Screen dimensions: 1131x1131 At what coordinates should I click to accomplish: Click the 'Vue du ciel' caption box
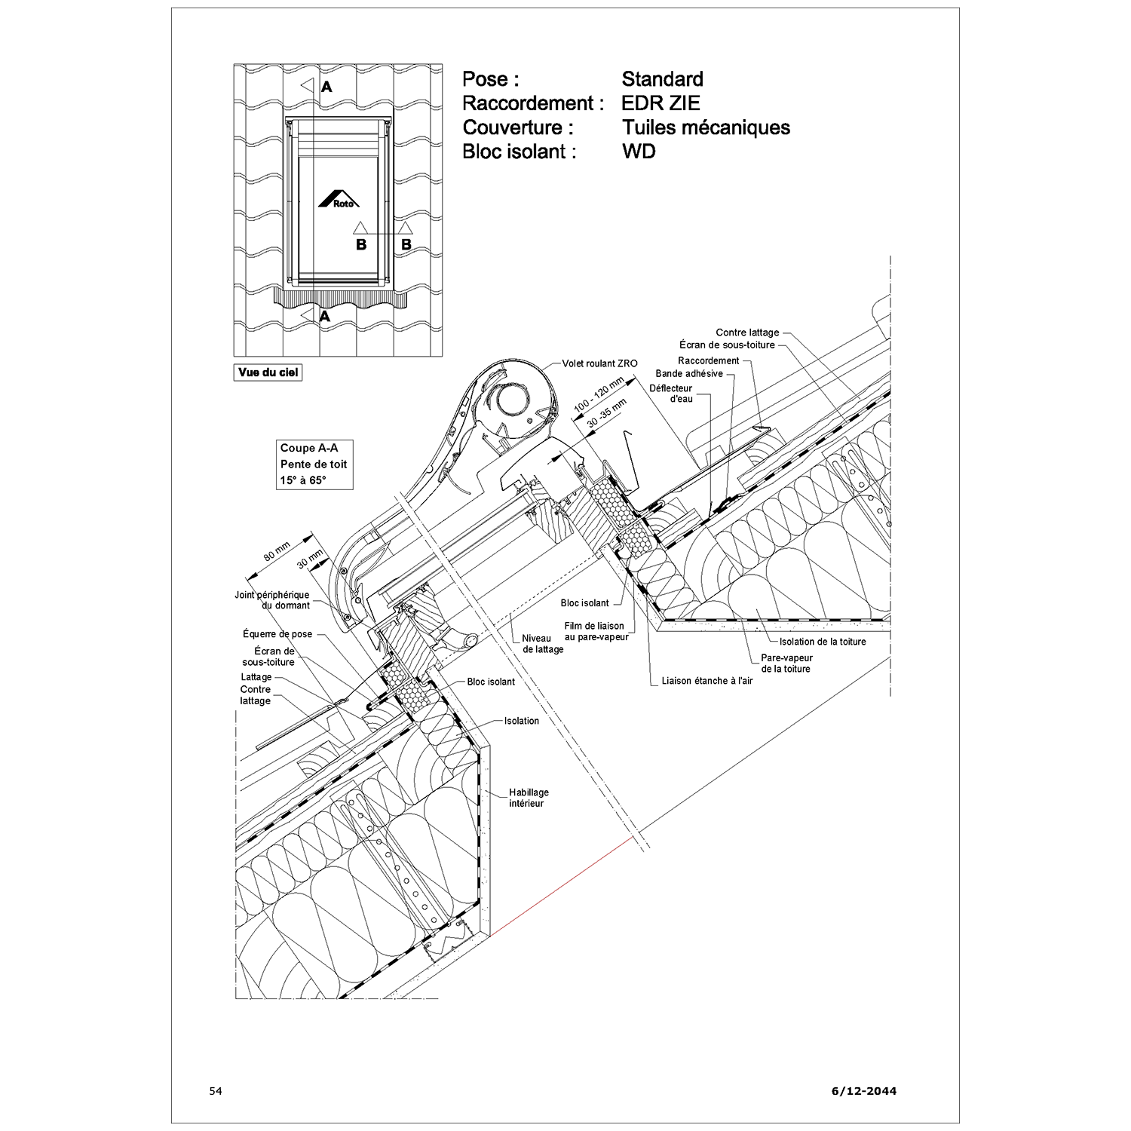point(268,372)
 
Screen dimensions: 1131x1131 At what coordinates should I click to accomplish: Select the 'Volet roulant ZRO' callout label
point(599,363)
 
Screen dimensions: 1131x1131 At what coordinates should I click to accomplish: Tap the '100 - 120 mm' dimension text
point(599,395)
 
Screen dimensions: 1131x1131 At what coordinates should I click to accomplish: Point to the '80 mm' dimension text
point(277,552)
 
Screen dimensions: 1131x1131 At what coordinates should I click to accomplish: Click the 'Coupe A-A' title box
point(314,464)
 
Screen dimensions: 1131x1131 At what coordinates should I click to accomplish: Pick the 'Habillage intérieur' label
point(529,798)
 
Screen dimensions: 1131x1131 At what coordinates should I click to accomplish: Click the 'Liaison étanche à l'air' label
point(706,681)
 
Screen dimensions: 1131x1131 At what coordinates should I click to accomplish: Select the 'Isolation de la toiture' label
point(823,642)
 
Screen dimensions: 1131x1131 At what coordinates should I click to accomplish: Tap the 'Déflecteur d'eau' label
point(671,394)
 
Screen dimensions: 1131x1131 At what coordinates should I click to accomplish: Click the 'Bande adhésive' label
point(689,373)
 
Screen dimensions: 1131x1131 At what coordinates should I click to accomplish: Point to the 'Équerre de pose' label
point(277,634)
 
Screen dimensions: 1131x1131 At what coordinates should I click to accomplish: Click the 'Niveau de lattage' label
point(543,644)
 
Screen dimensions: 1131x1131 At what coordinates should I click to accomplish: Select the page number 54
point(216,1091)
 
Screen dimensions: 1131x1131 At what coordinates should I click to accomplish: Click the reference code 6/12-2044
point(864,1091)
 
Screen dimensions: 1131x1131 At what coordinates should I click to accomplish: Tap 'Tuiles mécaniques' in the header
point(706,127)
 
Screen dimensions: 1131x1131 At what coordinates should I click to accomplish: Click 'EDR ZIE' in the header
point(661,103)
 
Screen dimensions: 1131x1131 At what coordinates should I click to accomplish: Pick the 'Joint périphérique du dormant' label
point(272,600)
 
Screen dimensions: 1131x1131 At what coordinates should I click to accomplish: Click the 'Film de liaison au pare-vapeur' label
point(596,632)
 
